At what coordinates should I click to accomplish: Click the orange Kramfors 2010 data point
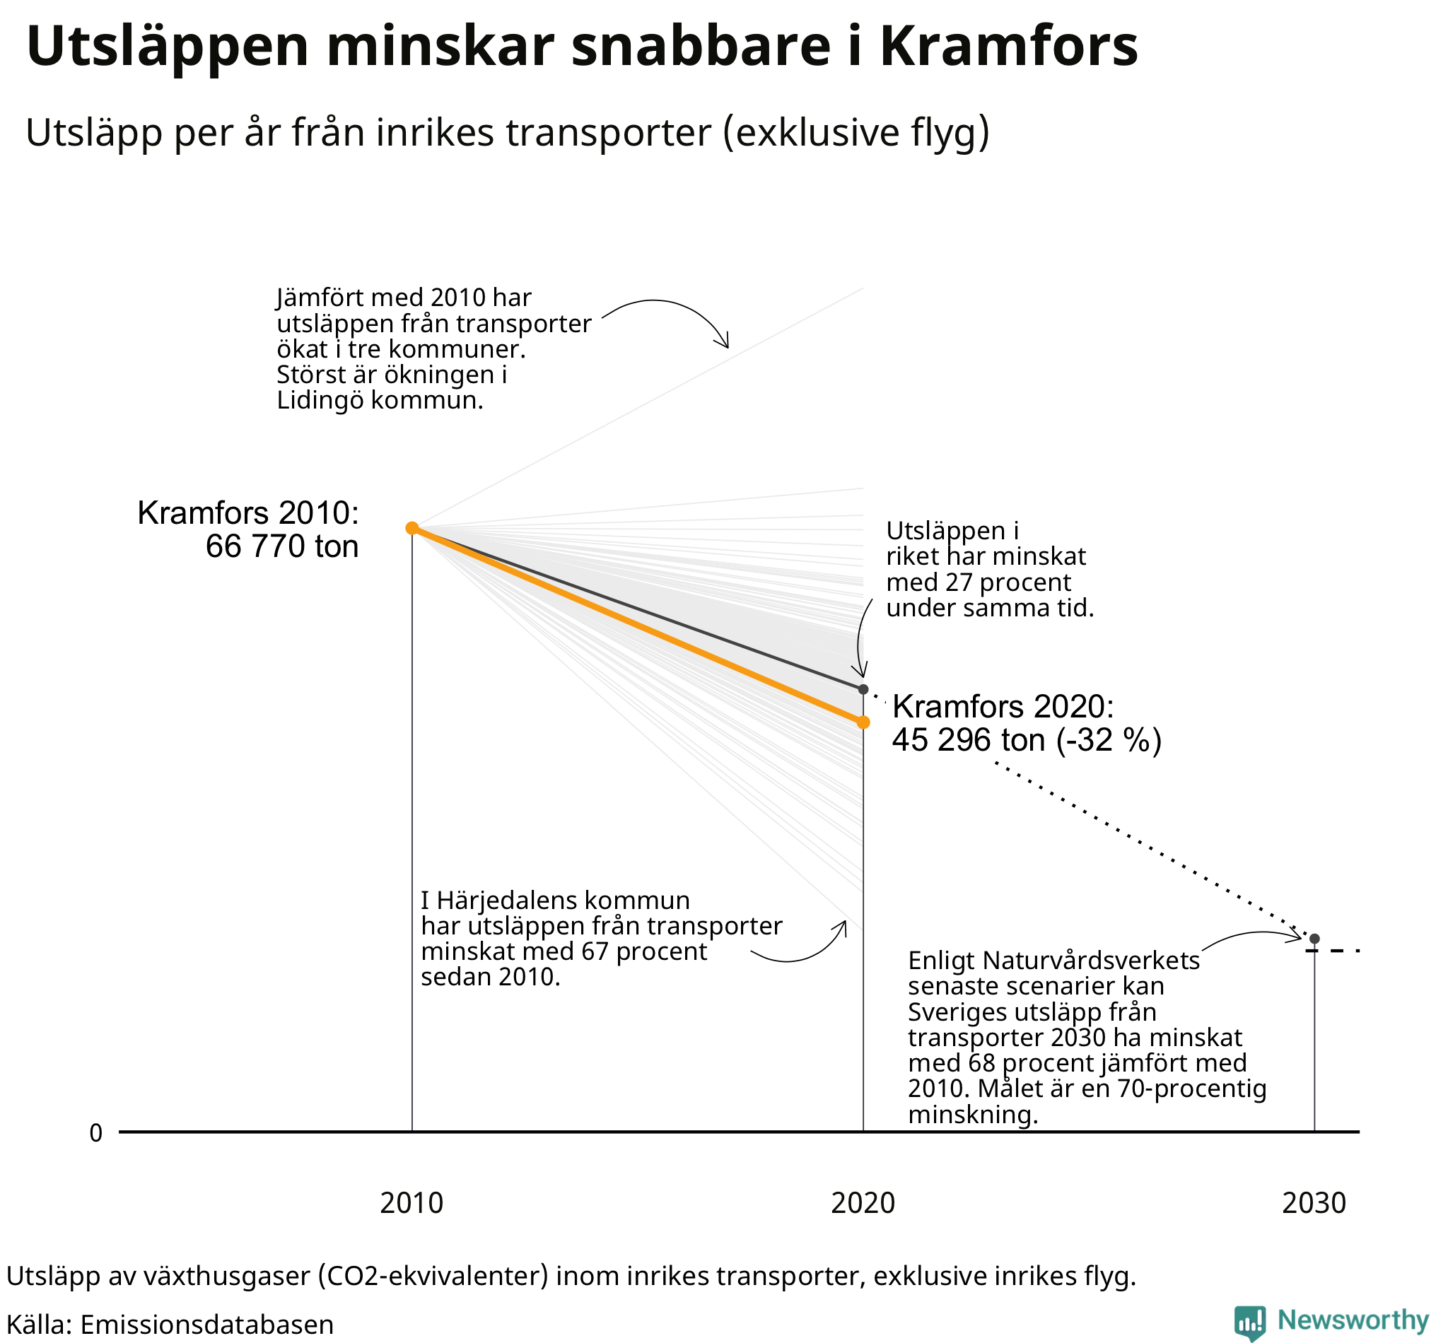click(411, 528)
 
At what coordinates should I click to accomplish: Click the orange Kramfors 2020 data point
click(863, 722)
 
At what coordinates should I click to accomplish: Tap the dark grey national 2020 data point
click(863, 689)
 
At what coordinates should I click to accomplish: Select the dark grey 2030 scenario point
click(1314, 939)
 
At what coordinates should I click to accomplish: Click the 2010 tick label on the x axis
click(411, 1204)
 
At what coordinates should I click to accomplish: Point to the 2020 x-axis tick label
click(863, 1204)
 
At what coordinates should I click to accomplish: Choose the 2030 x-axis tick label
click(1314, 1204)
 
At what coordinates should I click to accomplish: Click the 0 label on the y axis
click(96, 1133)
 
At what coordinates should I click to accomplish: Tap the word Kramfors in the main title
click(1009, 47)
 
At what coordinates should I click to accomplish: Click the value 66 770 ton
click(282, 546)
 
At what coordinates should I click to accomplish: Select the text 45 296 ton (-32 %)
click(1027, 740)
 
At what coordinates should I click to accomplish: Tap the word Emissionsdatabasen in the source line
click(206, 1325)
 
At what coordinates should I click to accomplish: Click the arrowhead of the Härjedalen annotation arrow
click(843, 925)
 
